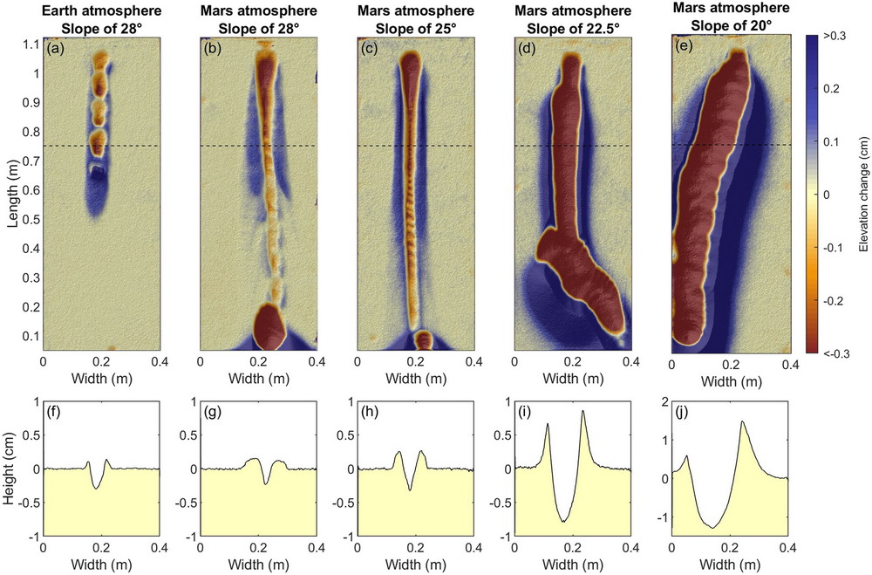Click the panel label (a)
55,49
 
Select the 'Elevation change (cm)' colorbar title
862,194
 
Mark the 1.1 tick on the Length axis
31,44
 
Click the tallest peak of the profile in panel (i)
582,411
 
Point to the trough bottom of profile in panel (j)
714,528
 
